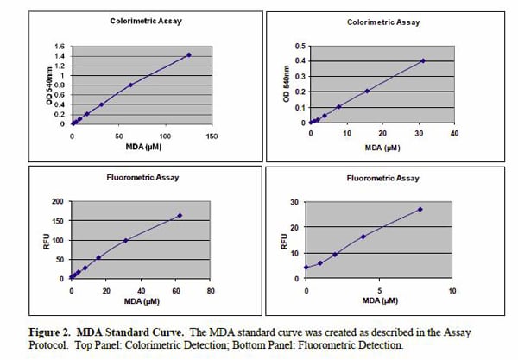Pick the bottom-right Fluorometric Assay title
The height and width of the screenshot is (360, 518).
(x=380, y=178)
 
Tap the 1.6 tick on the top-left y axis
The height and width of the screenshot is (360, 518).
(x=60, y=47)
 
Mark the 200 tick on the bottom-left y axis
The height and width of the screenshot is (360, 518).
(x=58, y=202)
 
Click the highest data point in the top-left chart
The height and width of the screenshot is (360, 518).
(x=188, y=54)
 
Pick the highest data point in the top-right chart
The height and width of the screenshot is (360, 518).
(x=423, y=60)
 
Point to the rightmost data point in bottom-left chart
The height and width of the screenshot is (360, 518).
(x=180, y=216)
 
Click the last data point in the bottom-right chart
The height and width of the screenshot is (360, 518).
(x=420, y=210)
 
